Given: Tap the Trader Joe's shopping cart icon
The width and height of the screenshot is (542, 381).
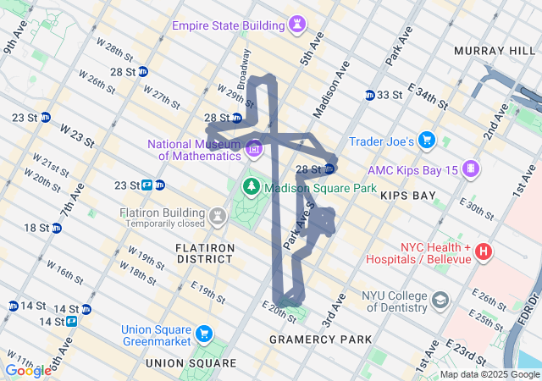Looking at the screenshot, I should [x=427, y=140].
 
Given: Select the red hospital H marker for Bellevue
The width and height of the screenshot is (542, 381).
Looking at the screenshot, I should [x=484, y=251].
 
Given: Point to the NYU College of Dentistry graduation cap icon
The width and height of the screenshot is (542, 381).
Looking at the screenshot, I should [x=441, y=300].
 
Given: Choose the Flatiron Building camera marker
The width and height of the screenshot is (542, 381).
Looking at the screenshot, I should [x=218, y=217].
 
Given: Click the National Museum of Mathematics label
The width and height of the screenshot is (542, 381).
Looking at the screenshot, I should [x=195, y=150].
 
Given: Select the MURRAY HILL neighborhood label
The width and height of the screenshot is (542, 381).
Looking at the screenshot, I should [x=491, y=51].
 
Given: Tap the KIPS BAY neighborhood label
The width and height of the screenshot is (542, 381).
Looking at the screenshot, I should [x=408, y=196].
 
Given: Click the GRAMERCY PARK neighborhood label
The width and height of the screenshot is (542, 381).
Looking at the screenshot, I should [x=320, y=340].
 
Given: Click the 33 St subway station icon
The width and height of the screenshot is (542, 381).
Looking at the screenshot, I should [x=370, y=95].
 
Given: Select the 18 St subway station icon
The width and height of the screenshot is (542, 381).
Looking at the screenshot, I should [x=56, y=228].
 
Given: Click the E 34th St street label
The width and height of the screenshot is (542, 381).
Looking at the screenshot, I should [x=428, y=95].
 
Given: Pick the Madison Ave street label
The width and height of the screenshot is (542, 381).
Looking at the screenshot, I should [x=330, y=93].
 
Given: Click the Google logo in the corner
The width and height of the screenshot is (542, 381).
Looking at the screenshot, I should [x=28, y=370].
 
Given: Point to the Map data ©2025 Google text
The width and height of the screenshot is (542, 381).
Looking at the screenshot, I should [x=489, y=374].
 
